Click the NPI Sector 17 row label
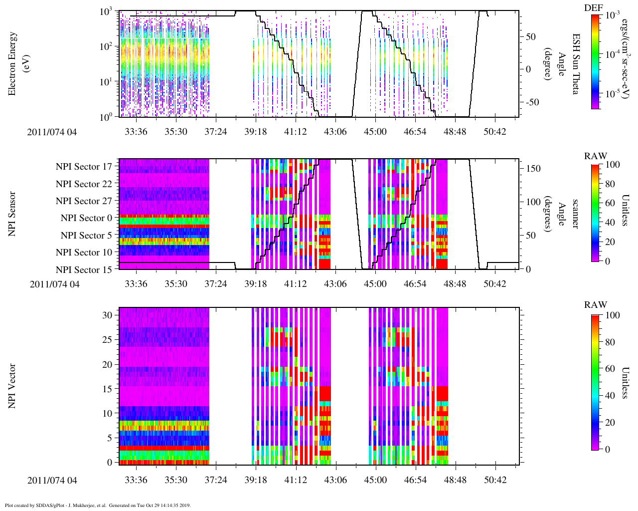tap(84, 167)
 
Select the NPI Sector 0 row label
tap(87, 218)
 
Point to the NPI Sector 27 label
tap(84, 201)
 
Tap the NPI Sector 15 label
tap(84, 270)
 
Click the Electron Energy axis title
tap(17, 63)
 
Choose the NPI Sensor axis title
tap(12, 214)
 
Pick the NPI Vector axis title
tap(12, 386)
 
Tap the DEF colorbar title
tap(594, 7)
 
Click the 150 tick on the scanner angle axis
tap(534, 169)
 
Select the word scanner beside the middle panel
tap(575, 214)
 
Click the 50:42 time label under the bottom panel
tap(495, 480)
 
